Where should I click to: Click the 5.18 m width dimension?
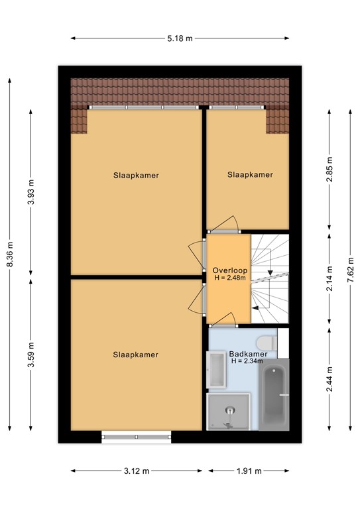pyautogui.click(x=180, y=38)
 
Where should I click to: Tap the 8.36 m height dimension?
pyautogui.click(x=10, y=254)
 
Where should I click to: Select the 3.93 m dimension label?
pyautogui.click(x=31, y=192)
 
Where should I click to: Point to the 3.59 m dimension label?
pyautogui.click(x=31, y=355)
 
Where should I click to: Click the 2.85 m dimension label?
pyautogui.click(x=330, y=170)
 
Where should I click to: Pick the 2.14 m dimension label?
pyautogui.click(x=330, y=278)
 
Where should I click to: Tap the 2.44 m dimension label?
pyautogui.click(x=330, y=379)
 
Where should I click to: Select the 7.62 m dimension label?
pyautogui.click(x=350, y=270)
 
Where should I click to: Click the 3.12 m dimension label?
pyautogui.click(x=137, y=471)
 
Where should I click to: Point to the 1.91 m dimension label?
pyautogui.click(x=249, y=471)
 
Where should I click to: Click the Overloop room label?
pyautogui.click(x=230, y=270)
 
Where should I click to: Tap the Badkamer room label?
pyautogui.click(x=249, y=354)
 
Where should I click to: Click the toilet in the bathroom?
pyautogui.click(x=267, y=343)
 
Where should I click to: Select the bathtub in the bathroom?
pyautogui.click(x=274, y=395)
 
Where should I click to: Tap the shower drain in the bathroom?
pyautogui.click(x=230, y=411)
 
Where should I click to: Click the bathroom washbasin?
pyautogui.click(x=217, y=370)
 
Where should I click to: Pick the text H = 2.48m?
pyautogui.click(x=230, y=278)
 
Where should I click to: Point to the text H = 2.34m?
pyautogui.click(x=247, y=361)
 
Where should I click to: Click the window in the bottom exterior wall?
pyautogui.click(x=137, y=437)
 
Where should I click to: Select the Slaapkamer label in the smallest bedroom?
pyautogui.click(x=250, y=175)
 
